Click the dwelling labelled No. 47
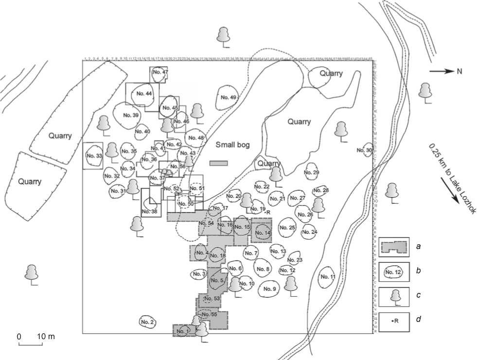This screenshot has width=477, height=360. point(159,73)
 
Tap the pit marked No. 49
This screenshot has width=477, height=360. point(228,98)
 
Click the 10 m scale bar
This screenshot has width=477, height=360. point(30,344)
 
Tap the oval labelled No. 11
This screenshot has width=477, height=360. point(327,277)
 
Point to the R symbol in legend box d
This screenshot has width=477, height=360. point(394,321)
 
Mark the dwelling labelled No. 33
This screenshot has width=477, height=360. point(93,155)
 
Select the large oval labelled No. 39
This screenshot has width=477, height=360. point(130,115)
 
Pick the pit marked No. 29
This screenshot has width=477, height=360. point(312,172)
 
